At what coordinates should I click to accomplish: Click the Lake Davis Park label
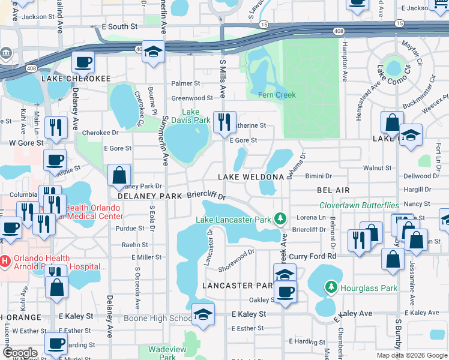click(x=196, y=116)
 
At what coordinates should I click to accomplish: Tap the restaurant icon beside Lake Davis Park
click(x=225, y=122)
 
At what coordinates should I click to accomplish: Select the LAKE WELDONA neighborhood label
click(x=250, y=177)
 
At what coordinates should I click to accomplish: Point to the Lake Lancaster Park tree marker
click(x=279, y=220)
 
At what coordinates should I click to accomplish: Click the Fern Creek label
click(x=277, y=95)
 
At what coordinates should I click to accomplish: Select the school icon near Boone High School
click(x=203, y=315)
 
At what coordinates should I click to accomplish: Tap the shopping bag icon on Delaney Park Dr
click(x=119, y=175)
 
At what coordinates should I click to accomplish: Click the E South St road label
click(x=119, y=27)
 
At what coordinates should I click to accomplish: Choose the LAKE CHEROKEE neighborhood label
click(x=76, y=79)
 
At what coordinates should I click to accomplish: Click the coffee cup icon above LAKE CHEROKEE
click(x=83, y=62)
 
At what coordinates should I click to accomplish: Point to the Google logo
click(x=20, y=353)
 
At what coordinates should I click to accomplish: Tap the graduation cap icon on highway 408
click(x=154, y=52)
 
